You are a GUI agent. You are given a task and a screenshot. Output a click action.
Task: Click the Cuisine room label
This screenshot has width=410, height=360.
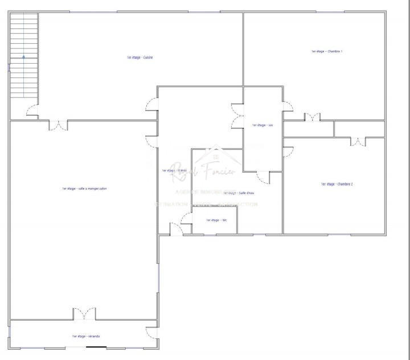pyautogui.click(x=140, y=58)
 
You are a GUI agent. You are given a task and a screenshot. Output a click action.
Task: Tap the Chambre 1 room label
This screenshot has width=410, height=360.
pyautogui.click(x=326, y=51)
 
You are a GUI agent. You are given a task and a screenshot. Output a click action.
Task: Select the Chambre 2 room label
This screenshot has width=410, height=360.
pyautogui.click(x=337, y=184)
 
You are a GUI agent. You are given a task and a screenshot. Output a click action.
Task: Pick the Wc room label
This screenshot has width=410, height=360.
pyautogui.click(x=212, y=220)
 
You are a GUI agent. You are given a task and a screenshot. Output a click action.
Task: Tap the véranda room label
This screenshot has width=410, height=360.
pyautogui.click(x=85, y=336)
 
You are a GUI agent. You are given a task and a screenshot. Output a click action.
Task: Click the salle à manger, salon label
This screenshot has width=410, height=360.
pyautogui.click(x=84, y=189)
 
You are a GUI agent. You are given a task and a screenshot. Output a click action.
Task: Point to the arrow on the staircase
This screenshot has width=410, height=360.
pyautogui.click(x=23, y=56)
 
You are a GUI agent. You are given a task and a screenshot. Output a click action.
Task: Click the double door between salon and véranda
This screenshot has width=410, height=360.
pyautogui.click(x=84, y=313)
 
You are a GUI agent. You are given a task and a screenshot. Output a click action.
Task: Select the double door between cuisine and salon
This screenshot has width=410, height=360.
pyautogui.click(x=58, y=125)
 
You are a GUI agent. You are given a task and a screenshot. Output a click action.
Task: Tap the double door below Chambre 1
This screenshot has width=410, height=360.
pyautogui.click(x=312, y=117)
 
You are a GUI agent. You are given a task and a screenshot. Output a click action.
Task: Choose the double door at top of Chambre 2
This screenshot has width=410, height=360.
pyautogui.click(x=358, y=141)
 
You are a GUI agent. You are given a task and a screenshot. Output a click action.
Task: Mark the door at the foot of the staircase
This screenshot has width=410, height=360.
pyautogui.click(x=32, y=111)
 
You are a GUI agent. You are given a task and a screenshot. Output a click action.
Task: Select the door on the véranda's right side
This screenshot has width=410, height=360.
pyautogui.click(x=151, y=333)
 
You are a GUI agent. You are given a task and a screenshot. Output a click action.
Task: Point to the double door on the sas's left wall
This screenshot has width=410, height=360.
pyautogui.click(x=236, y=116)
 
